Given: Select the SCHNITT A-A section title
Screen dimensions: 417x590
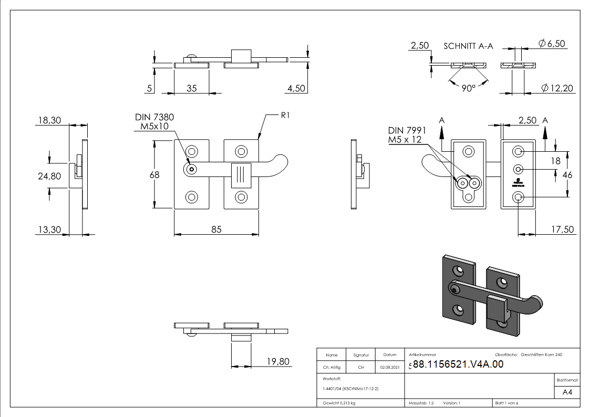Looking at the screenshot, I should click(468, 46).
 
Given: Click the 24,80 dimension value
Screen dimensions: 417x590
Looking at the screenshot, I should click(49, 176).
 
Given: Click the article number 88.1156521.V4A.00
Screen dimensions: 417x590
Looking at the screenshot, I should click(458, 364).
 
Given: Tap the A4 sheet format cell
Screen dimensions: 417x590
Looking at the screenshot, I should click(567, 392).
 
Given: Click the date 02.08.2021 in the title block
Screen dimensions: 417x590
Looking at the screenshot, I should click(389, 368).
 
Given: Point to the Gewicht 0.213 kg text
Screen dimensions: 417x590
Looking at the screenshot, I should click(338, 403).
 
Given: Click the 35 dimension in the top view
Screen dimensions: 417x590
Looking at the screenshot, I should click(191, 89).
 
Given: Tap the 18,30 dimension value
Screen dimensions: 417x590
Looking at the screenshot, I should click(49, 121).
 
